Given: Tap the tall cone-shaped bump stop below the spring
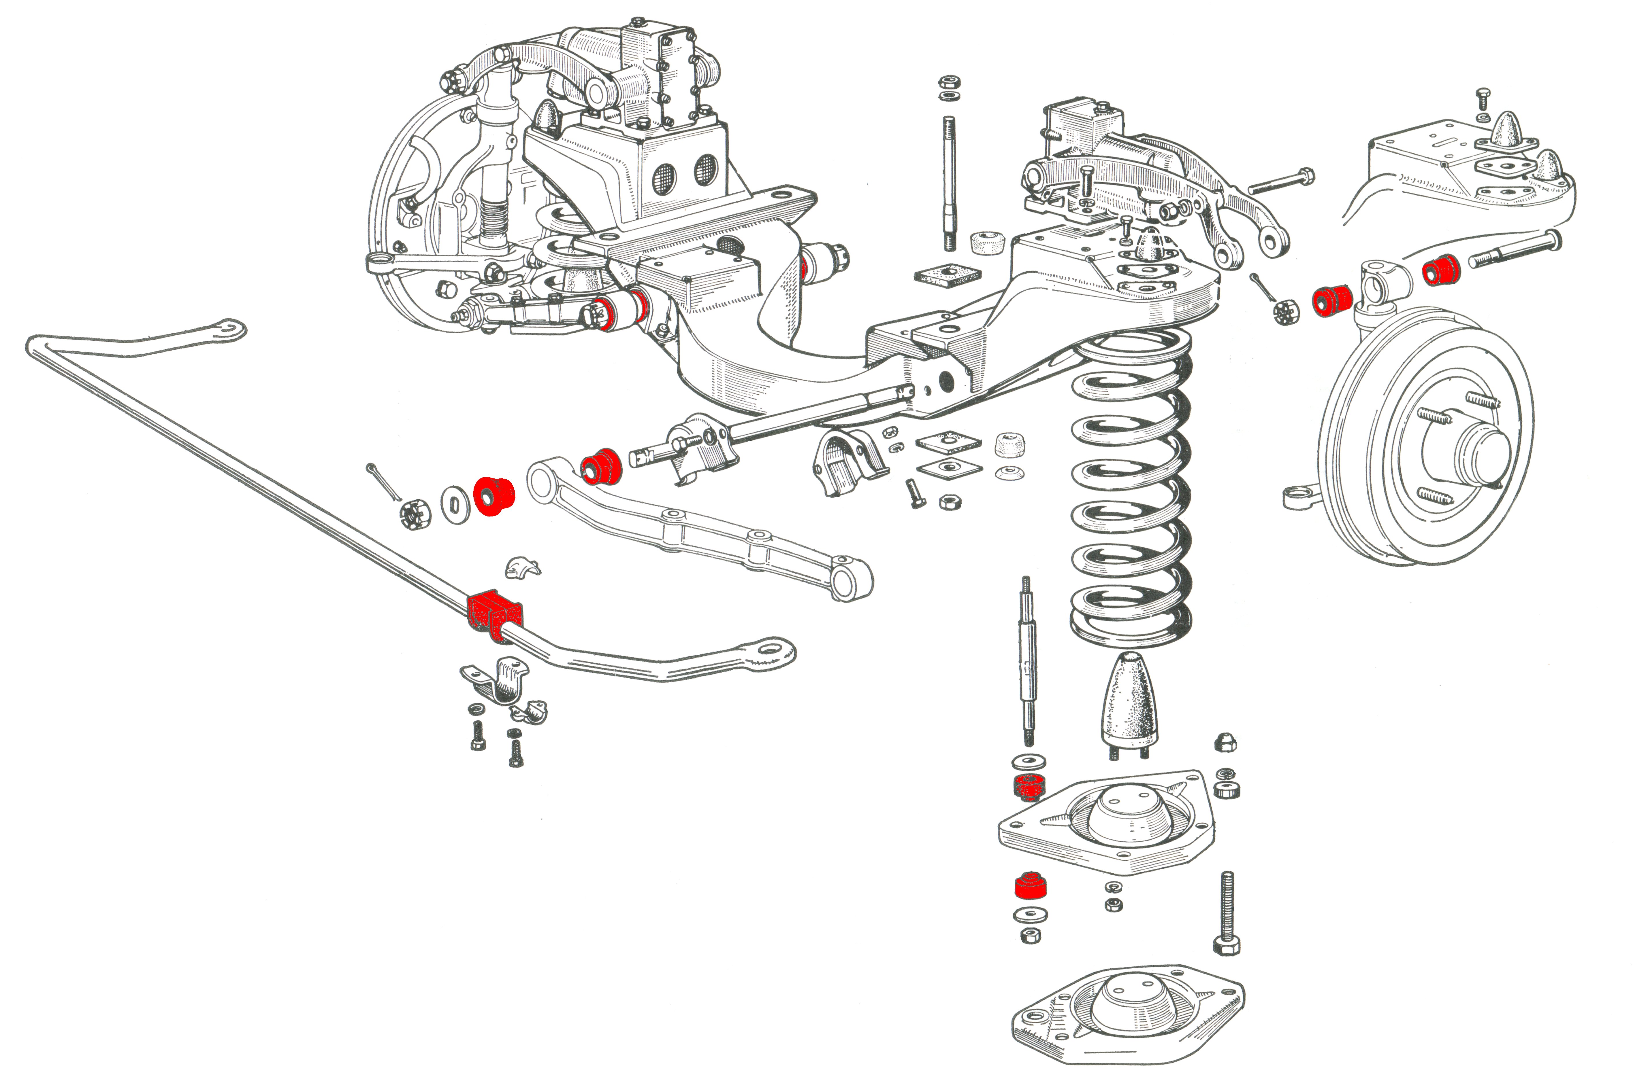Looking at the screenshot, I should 1129,703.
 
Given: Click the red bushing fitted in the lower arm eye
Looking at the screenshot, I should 602,466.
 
